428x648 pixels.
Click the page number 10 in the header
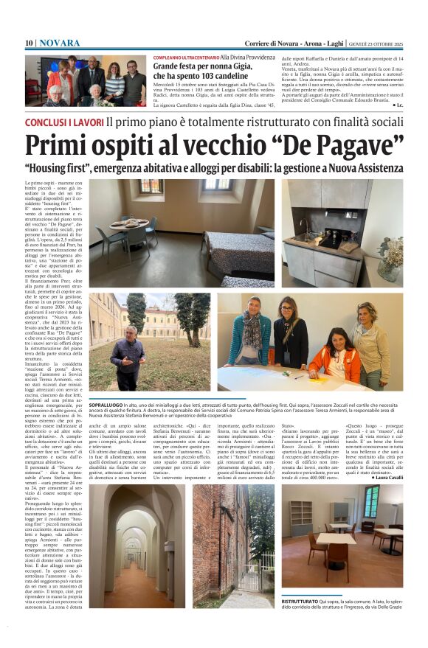(29, 43)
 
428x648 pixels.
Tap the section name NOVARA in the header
(59, 43)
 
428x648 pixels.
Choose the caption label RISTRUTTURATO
(298, 602)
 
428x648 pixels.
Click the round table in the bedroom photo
(129, 225)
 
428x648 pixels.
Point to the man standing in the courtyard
(128, 357)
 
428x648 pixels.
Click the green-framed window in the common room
(371, 501)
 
